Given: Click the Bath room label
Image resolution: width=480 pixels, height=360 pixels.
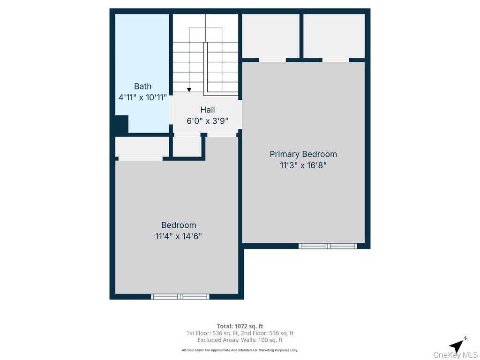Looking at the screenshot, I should [x=142, y=86].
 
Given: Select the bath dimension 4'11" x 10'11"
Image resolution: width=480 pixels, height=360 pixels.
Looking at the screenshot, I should [x=142, y=97].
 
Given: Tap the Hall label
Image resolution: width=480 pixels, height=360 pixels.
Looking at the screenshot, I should [x=207, y=110].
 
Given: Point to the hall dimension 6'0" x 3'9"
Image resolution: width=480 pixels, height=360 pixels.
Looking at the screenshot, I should [x=207, y=121].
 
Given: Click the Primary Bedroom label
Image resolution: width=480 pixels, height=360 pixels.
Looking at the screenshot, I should [x=303, y=154].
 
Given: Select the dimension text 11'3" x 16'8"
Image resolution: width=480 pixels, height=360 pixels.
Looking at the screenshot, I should [x=303, y=165].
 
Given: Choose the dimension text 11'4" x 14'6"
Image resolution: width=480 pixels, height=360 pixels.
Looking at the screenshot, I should [x=178, y=236].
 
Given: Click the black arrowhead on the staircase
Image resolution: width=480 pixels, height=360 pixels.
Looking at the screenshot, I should [x=189, y=89].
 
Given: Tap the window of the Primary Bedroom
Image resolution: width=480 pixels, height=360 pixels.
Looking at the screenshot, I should [x=328, y=246].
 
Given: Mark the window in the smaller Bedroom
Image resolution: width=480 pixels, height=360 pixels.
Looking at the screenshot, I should [x=180, y=296].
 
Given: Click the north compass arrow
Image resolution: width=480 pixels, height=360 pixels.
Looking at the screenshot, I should [x=457, y=345].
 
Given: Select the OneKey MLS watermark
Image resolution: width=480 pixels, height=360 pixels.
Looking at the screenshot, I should [x=455, y=355].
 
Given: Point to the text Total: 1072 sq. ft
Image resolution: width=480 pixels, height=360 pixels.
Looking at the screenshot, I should [x=240, y=326].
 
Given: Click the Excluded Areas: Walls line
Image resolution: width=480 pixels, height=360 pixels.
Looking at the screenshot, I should [x=240, y=340].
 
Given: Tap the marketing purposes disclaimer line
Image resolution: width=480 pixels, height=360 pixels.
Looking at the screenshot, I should [x=240, y=350].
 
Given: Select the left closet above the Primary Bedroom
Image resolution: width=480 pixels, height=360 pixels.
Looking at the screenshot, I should [x=270, y=36].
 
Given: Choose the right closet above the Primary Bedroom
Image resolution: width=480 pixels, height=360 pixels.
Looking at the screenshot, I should [x=334, y=36].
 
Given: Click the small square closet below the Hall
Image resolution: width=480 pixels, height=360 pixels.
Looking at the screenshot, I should [x=187, y=147].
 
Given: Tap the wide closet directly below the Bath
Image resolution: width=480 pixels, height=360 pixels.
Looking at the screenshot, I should [x=142, y=147].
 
